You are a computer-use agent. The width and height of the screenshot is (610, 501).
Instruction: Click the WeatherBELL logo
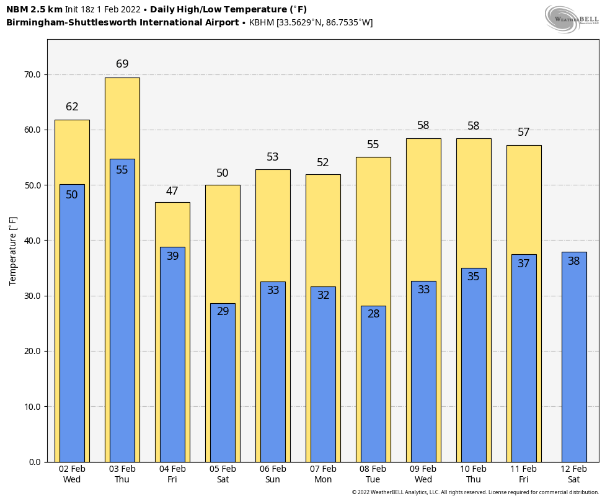pyautogui.click(x=572, y=19)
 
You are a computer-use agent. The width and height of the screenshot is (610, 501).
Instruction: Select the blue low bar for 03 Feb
pyautogui.click(x=122, y=310)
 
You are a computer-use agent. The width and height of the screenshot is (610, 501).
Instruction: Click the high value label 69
pyautogui.click(x=122, y=64)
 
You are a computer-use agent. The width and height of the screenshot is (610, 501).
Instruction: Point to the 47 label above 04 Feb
pyautogui.click(x=172, y=191)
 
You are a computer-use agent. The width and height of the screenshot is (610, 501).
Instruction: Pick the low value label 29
pyautogui.click(x=223, y=311)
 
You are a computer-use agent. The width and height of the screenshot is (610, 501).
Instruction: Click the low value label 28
pyautogui.click(x=373, y=314)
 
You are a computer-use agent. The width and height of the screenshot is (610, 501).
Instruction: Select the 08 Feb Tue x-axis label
pyautogui.click(x=373, y=474)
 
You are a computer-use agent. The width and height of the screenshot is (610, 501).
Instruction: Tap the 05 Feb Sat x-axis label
pyautogui.click(x=223, y=474)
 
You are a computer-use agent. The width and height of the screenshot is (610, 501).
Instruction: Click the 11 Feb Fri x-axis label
pyautogui.click(x=524, y=474)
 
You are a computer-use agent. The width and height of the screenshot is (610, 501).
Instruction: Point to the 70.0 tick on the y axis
pyautogui.click(x=32, y=74)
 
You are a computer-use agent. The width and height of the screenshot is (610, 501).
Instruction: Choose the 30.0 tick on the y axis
pyautogui.click(x=32, y=296)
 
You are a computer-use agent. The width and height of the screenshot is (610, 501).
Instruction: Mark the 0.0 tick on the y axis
pyautogui.click(x=35, y=462)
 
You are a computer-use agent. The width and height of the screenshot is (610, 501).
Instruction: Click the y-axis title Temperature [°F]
pyautogui.click(x=14, y=250)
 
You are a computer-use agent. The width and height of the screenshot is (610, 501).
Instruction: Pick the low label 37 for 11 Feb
pyautogui.click(x=524, y=264)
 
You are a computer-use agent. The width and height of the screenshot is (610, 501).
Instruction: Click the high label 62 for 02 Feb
pyautogui.click(x=72, y=107)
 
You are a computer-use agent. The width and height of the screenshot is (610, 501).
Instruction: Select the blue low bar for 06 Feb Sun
pyautogui.click(x=273, y=372)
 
